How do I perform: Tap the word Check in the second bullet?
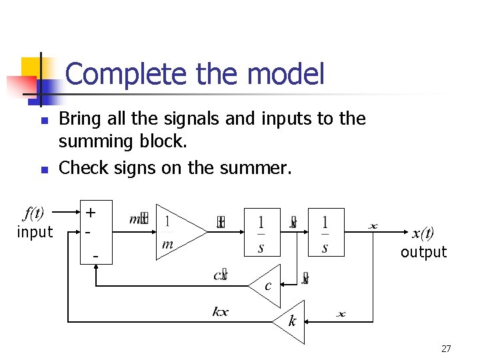[x=81, y=168]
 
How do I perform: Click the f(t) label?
[x=34, y=214]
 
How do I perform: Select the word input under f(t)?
[x=34, y=232]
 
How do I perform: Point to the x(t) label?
[x=423, y=233]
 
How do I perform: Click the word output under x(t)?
[x=423, y=252]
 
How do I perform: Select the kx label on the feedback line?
[x=220, y=312]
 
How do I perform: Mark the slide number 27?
[x=446, y=349]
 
